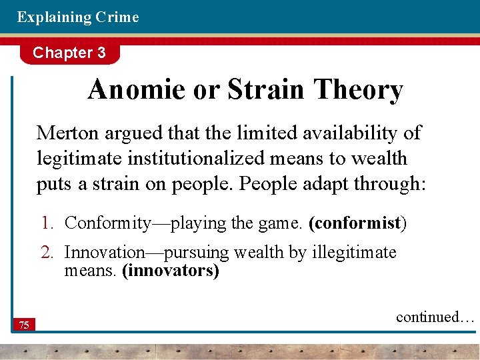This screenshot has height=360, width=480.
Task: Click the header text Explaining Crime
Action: point(78,17)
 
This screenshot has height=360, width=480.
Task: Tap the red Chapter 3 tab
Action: point(69,53)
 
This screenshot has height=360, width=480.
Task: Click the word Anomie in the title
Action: point(137,90)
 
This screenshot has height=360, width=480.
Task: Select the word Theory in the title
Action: point(359,90)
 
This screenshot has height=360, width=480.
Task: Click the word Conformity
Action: point(108,223)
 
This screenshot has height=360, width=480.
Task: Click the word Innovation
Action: point(105,253)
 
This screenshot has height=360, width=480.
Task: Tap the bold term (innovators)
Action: point(170,272)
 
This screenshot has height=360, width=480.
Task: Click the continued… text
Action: point(435,317)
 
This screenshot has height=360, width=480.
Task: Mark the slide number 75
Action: point(23,325)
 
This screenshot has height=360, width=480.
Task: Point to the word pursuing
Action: point(198,253)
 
